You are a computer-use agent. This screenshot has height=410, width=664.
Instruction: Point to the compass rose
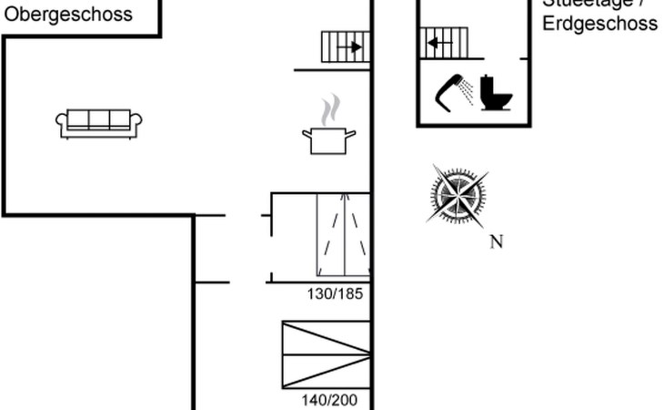click(458, 194)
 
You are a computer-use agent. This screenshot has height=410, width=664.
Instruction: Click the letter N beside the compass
click(497, 241)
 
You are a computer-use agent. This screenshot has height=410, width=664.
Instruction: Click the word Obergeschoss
click(68, 15)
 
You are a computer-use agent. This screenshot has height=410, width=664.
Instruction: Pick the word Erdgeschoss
click(599, 24)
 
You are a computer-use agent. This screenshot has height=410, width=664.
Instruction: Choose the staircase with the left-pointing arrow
click(443, 42)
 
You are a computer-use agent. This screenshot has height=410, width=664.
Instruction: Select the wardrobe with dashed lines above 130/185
click(343, 234)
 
